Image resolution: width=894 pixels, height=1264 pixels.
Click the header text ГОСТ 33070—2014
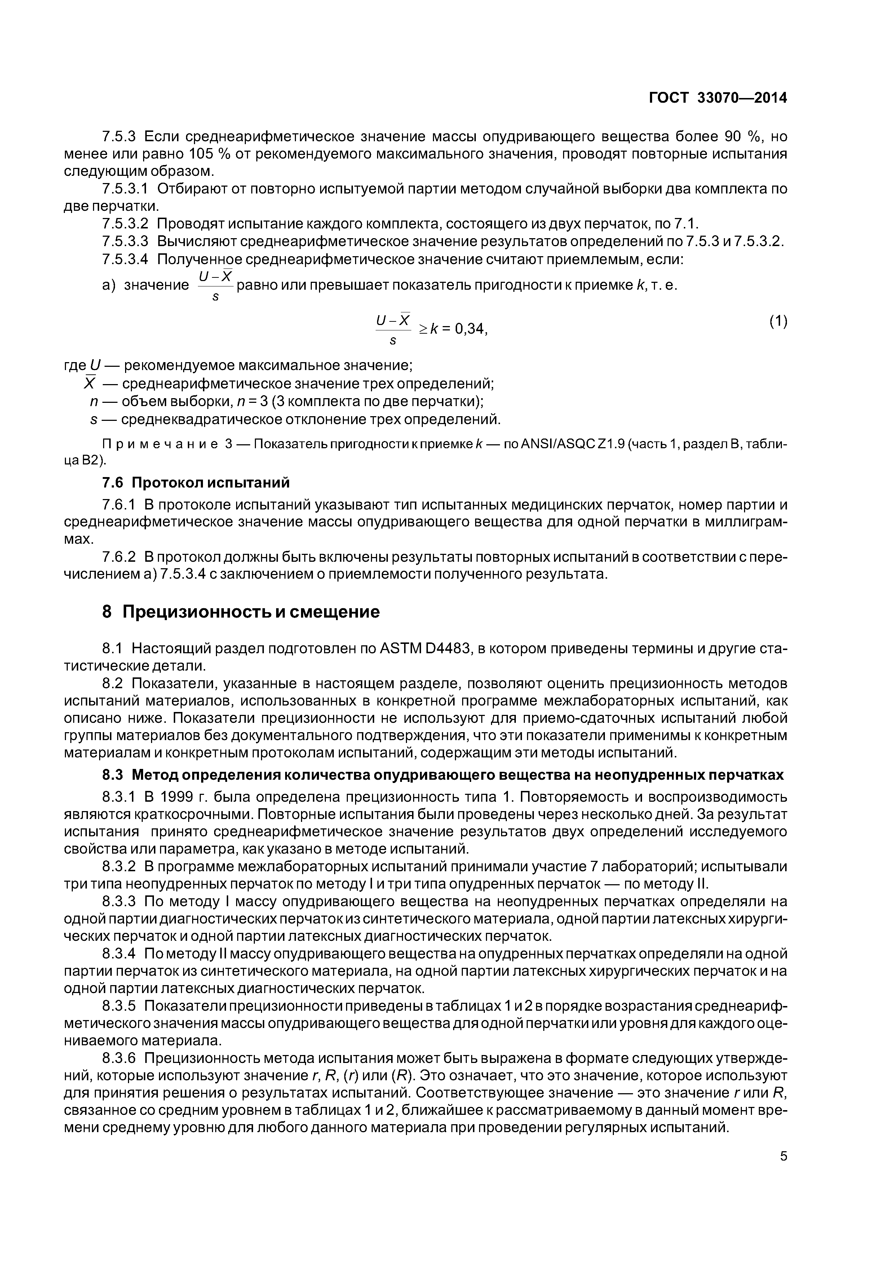[x=717, y=98]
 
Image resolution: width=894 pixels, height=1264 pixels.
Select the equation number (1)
[x=778, y=321]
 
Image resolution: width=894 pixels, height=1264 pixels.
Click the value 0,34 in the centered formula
[x=471, y=329]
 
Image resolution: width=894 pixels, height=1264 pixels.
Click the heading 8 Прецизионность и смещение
[x=241, y=612]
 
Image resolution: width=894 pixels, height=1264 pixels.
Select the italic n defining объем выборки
[x=93, y=402]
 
